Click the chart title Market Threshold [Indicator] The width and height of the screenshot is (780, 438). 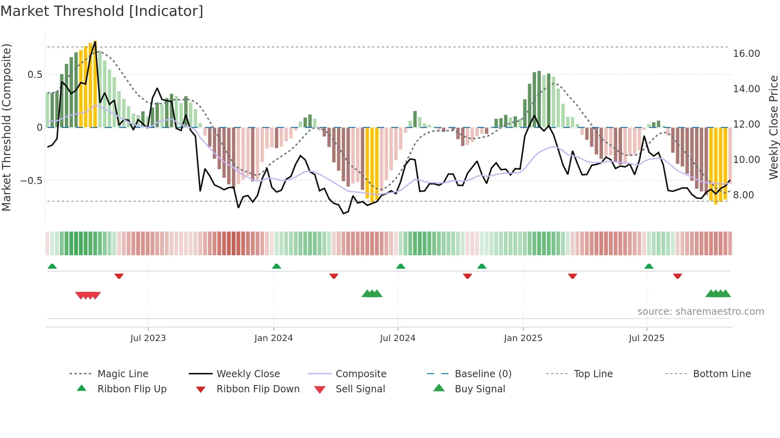pyautogui.click(x=102, y=11)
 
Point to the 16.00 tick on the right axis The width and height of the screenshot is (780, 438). pyautogui.click(x=746, y=54)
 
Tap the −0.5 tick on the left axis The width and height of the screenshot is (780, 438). pyautogui.click(x=31, y=181)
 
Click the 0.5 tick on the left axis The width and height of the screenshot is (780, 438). pyautogui.click(x=35, y=75)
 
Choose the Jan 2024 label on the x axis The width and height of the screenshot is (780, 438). pyautogui.click(x=273, y=338)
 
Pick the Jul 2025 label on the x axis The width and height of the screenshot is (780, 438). pyautogui.click(x=646, y=338)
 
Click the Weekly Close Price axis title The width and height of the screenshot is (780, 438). pyautogui.click(x=773, y=127)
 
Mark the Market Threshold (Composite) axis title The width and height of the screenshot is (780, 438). pyautogui.click(x=6, y=127)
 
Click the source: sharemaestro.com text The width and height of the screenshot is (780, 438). pyautogui.click(x=700, y=312)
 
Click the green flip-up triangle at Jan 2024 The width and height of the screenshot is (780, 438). pyautogui.click(x=277, y=266)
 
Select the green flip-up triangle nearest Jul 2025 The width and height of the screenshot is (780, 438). pyautogui.click(x=649, y=266)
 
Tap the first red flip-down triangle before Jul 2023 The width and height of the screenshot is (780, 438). pyautogui.click(x=119, y=276)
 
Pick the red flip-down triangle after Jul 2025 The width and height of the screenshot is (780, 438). pyautogui.click(x=677, y=276)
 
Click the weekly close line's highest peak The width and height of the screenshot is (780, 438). pyautogui.click(x=95, y=42)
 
